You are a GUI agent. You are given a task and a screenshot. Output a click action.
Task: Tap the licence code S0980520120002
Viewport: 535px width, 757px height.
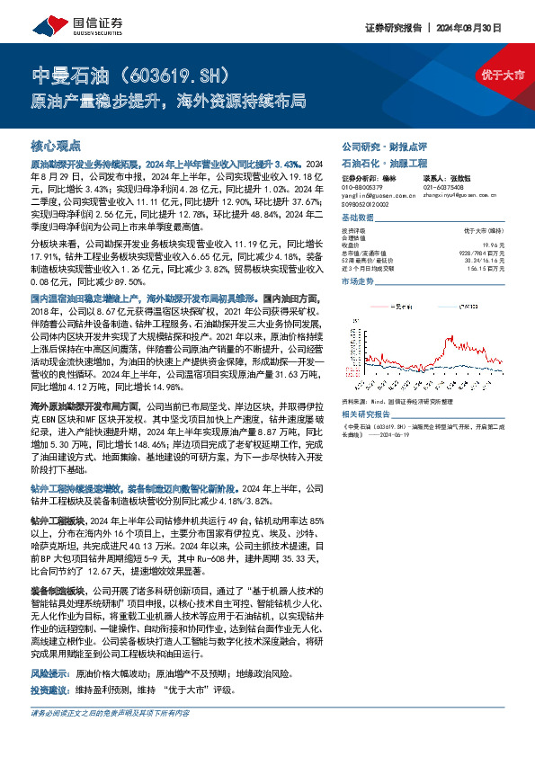[366, 205]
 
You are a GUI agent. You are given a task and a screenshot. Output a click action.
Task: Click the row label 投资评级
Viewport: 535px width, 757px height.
[352, 230]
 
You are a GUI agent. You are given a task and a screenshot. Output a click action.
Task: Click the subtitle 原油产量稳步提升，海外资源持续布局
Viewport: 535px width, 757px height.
[169, 99]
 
